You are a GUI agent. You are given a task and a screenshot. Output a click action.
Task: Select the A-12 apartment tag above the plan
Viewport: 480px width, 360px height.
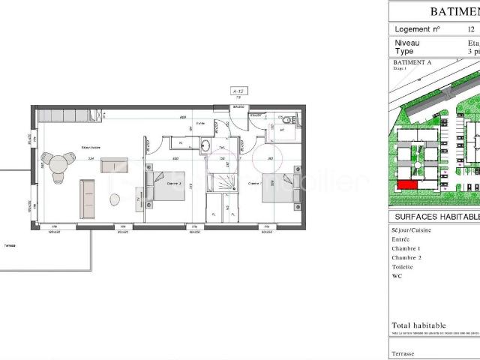click(x=239, y=90)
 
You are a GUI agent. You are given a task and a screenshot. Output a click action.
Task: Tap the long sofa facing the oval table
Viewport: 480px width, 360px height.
click(x=87, y=199)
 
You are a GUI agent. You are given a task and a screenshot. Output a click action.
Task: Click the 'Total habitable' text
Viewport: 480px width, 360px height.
click(x=418, y=325)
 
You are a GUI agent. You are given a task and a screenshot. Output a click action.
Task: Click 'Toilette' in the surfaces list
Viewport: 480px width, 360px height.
click(x=403, y=265)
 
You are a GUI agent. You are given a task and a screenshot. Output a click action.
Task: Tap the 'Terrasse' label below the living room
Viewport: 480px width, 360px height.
click(x=10, y=244)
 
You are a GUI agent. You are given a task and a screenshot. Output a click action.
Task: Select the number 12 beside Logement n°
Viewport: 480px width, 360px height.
click(x=470, y=29)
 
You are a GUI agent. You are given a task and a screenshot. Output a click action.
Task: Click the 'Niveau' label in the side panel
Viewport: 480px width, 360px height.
click(x=406, y=43)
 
